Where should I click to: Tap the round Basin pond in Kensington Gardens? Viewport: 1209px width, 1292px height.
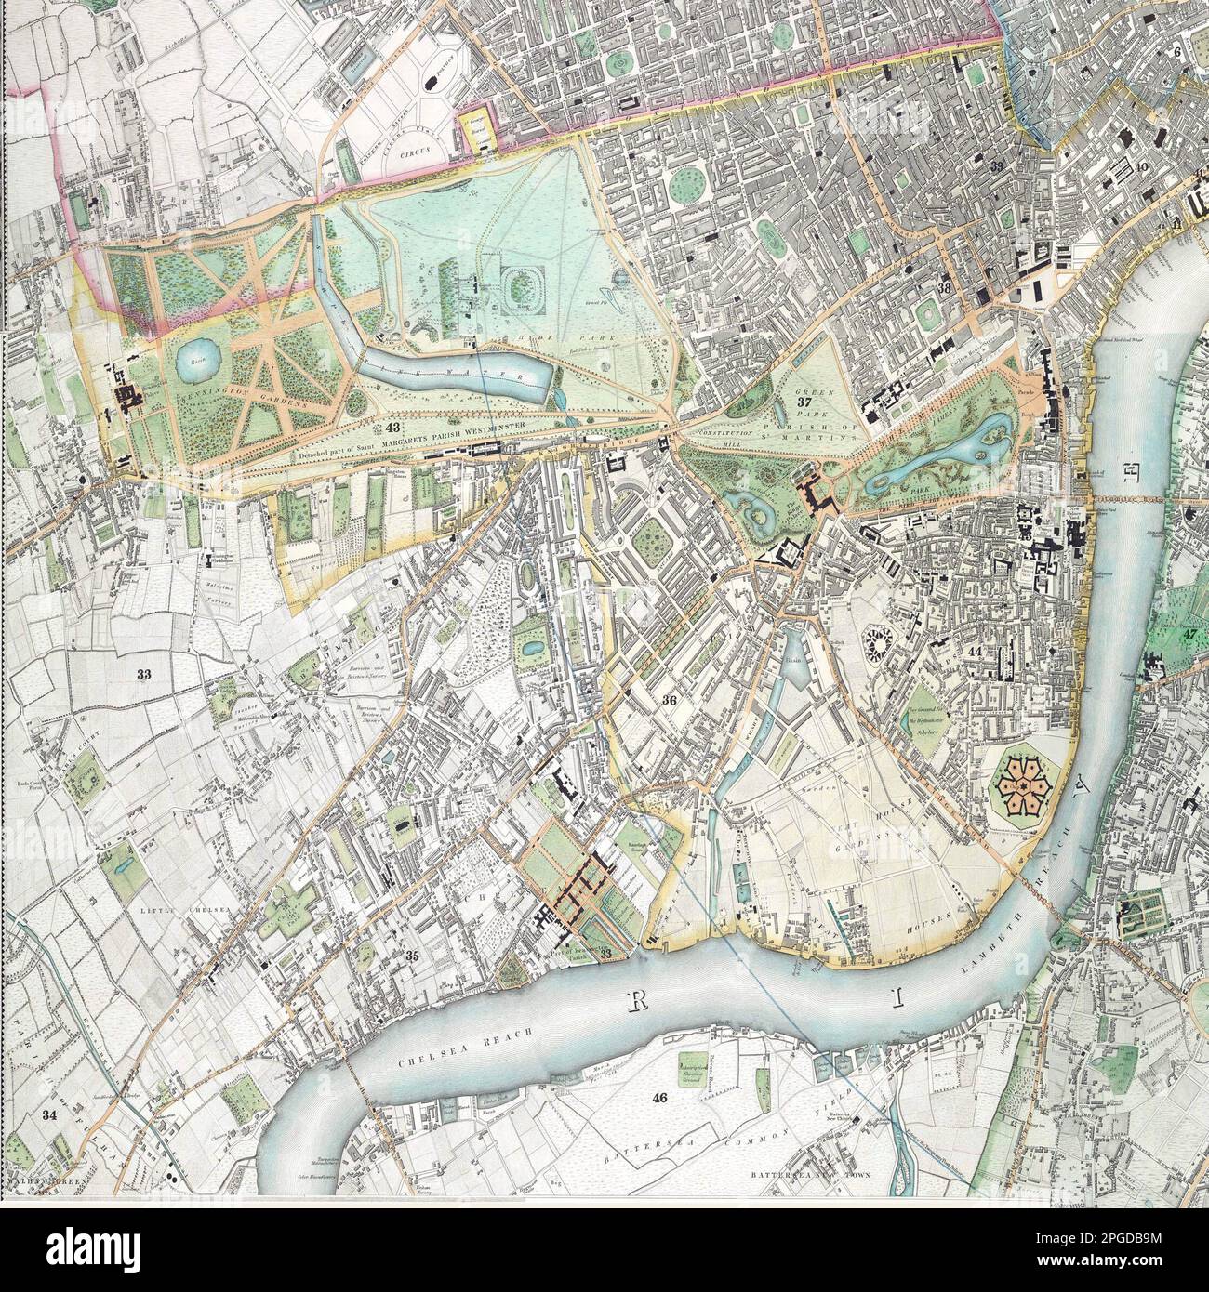[197, 363]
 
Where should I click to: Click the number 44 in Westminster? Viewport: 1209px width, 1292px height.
[975, 653]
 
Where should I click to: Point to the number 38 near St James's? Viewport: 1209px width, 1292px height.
[945, 288]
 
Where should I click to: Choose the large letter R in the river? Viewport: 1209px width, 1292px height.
[639, 1000]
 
